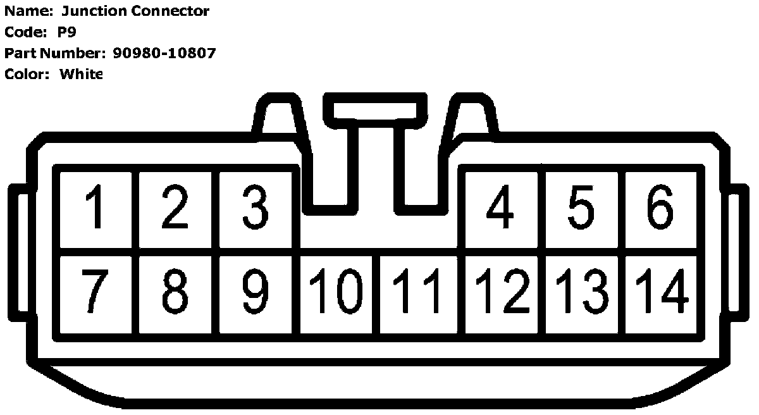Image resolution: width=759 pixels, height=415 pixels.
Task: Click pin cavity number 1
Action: point(96,207)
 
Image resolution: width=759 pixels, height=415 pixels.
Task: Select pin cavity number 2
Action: point(176,207)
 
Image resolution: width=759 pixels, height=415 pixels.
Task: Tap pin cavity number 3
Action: point(256,207)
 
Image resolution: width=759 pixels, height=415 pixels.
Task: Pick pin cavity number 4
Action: point(502,207)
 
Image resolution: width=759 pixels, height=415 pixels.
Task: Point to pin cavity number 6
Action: point(660,207)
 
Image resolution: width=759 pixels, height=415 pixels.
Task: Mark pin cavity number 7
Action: point(96,292)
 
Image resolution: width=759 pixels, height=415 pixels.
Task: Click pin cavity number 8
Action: point(176,292)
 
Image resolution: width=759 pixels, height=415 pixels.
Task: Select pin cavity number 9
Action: point(256,292)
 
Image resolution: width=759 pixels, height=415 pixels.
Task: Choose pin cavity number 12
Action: point(502,292)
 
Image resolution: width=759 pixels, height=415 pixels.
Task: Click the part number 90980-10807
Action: point(164,53)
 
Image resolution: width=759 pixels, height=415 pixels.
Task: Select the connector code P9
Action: point(67,32)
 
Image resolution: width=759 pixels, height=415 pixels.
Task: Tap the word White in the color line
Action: point(81,74)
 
